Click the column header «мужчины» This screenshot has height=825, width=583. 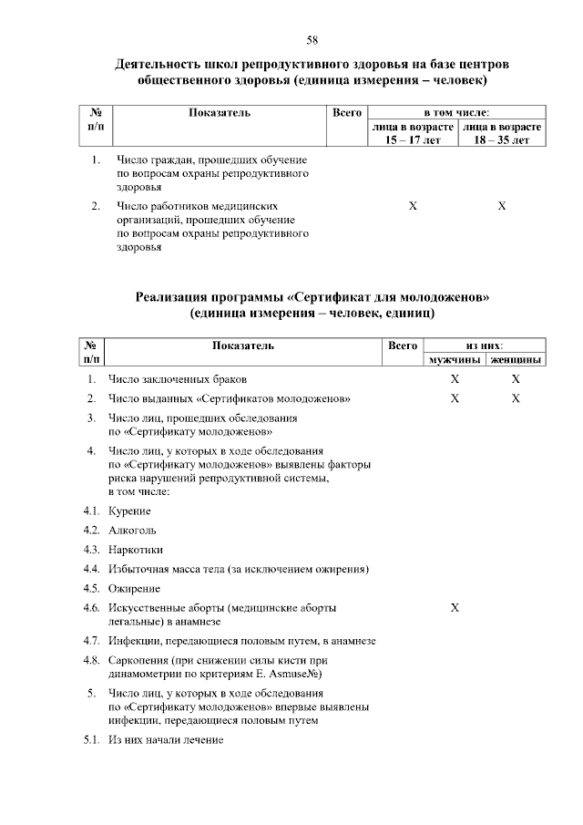click(x=455, y=360)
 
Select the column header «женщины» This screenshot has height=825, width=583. click(x=516, y=360)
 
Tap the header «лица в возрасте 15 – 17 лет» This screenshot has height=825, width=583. click(x=412, y=133)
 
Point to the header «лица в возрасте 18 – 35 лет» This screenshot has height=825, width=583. click(x=502, y=133)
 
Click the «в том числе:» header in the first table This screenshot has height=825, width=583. click(x=456, y=112)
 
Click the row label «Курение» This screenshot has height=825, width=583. click(x=129, y=510)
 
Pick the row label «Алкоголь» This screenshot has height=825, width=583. click(x=132, y=530)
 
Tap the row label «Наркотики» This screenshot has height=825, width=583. click(x=136, y=550)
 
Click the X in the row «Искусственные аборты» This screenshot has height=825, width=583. click(x=455, y=607)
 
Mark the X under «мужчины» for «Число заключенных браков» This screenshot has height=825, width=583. click(x=455, y=378)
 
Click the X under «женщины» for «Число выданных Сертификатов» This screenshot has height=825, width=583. click(x=516, y=398)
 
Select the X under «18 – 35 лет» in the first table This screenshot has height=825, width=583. click(x=502, y=207)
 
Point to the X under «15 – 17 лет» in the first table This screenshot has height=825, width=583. click(x=413, y=207)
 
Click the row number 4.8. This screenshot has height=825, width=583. click(x=90, y=659)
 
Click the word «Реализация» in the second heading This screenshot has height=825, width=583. click(x=178, y=296)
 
